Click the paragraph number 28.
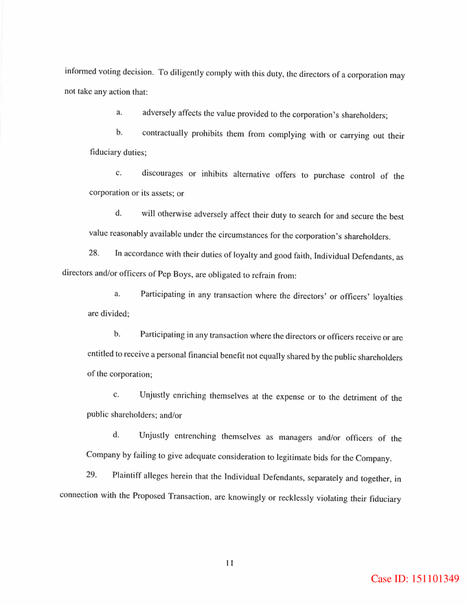pyautogui.click(x=95, y=254)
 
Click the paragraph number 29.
pyautogui.click(x=91, y=474)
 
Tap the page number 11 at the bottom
pyautogui.click(x=229, y=563)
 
